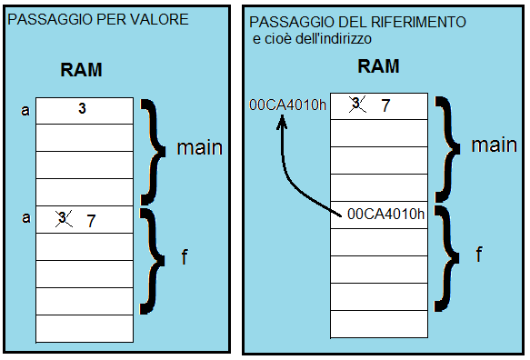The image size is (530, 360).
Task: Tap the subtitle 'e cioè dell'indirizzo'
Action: (313, 39)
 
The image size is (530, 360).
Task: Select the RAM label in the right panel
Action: (378, 66)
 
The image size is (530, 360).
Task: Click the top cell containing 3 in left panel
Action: (82, 109)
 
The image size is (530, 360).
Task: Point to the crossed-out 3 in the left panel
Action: (64, 219)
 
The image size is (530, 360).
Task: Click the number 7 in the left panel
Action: (90, 220)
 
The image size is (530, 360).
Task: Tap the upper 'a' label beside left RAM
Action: (24, 111)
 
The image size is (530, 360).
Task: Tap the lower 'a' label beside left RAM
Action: (24, 218)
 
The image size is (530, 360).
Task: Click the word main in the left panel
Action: (198, 147)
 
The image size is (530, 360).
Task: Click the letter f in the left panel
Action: (185, 256)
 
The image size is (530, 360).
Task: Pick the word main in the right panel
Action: (494, 145)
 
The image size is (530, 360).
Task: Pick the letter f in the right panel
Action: (479, 255)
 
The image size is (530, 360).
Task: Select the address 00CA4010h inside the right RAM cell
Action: (385, 215)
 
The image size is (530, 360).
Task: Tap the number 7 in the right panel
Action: (385, 106)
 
